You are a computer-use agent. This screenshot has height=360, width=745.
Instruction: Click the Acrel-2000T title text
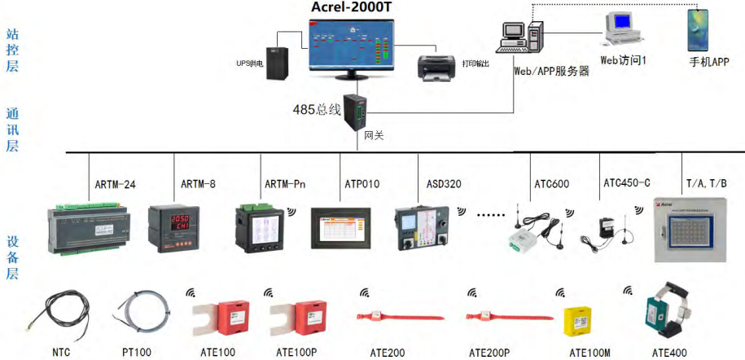[x=353, y=8]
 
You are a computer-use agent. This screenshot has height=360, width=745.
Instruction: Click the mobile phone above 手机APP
[x=697, y=31]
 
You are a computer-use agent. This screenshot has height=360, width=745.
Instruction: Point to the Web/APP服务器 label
[x=551, y=71]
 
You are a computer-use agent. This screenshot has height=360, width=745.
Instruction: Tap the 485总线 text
[x=317, y=109]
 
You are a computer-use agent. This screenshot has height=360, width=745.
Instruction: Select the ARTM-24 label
[x=112, y=184]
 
